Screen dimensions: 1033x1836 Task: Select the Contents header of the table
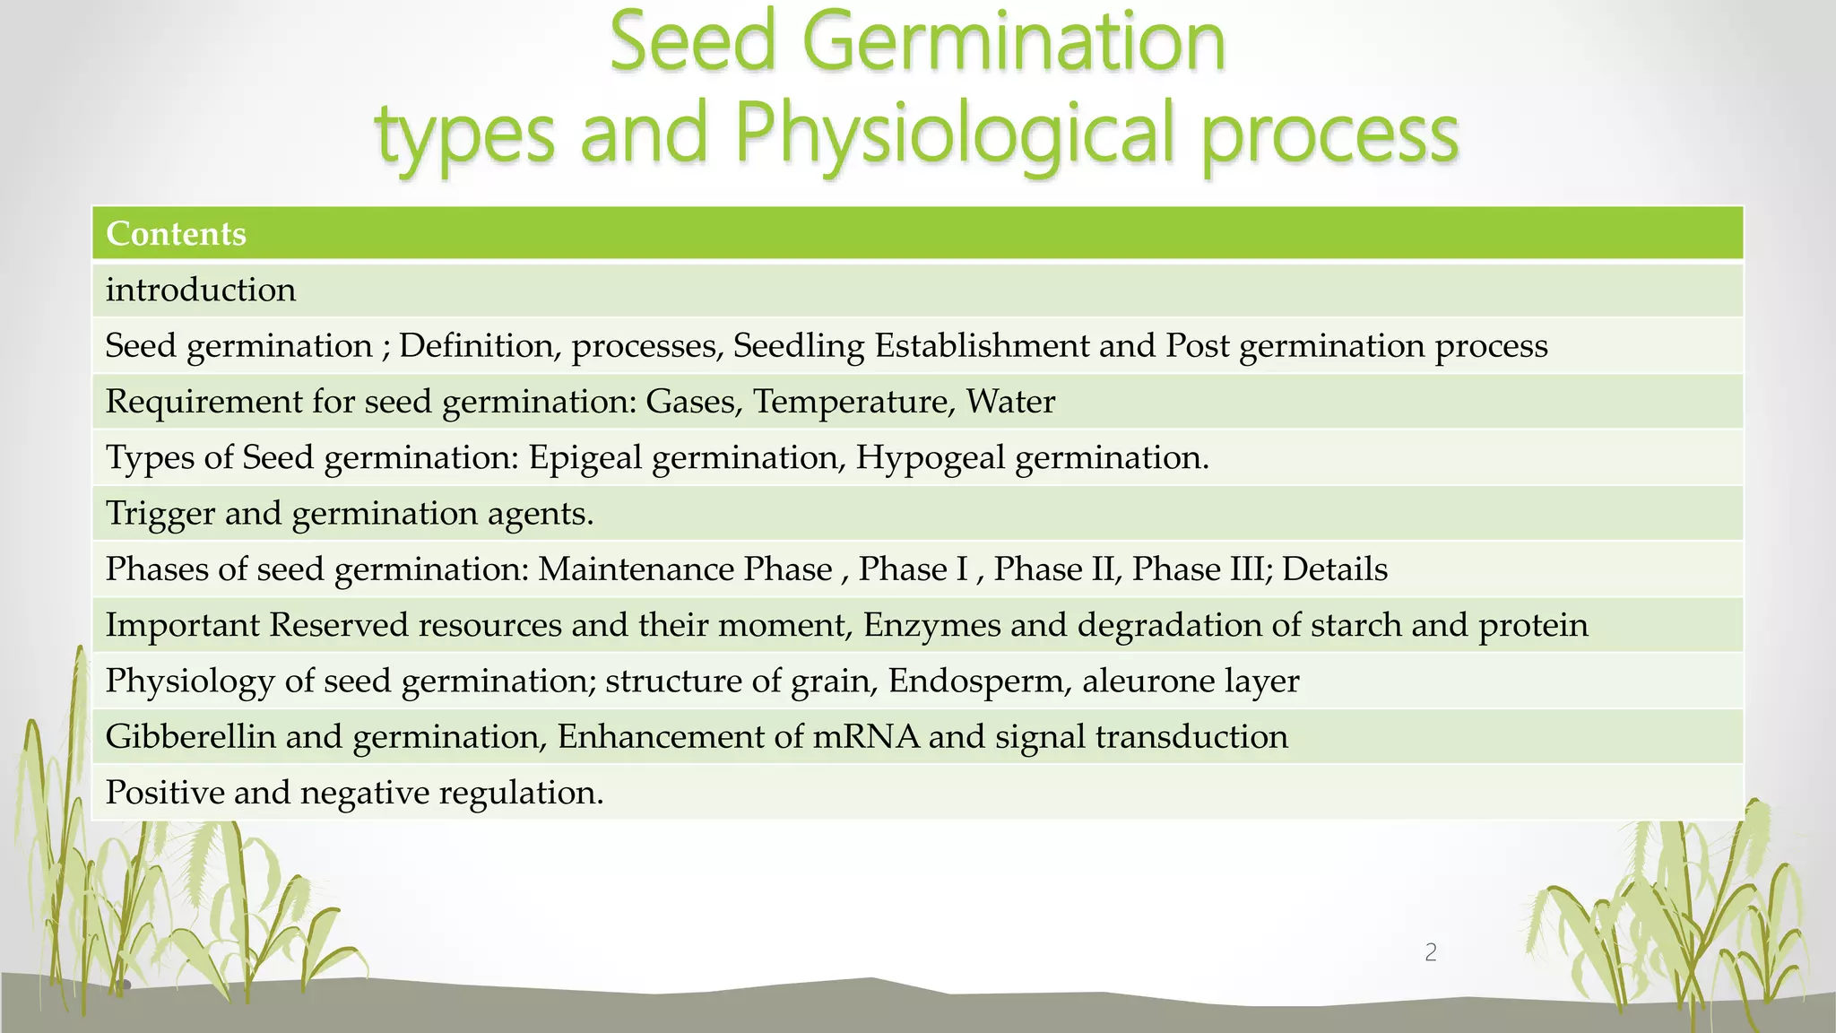(176, 234)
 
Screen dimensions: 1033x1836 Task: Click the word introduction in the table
(201, 291)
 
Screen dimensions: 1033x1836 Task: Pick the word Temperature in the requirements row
(851, 402)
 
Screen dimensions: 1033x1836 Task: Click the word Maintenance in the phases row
(685, 569)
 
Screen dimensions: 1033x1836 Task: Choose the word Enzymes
(931, 625)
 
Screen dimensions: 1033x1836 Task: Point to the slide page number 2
(1431, 952)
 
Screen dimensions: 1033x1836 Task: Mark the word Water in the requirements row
(1010, 402)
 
